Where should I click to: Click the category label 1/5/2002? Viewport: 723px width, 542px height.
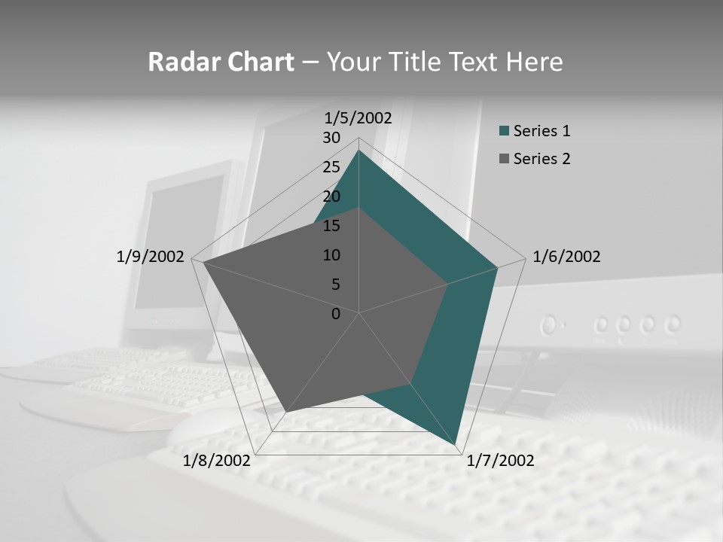tap(358, 118)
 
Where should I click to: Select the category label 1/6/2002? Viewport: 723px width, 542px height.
tap(566, 257)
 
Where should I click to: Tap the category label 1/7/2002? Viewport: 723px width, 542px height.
tap(500, 461)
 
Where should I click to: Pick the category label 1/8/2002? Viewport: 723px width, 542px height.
tap(217, 461)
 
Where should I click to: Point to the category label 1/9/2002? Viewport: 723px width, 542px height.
tap(150, 257)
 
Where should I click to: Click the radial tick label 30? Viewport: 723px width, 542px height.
tap(331, 138)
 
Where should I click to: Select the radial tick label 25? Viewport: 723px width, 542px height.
tap(331, 167)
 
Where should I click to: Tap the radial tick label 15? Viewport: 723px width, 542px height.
tap(331, 226)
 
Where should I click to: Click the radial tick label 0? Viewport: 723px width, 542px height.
tap(336, 314)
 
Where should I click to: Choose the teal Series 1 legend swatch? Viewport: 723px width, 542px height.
tap(505, 131)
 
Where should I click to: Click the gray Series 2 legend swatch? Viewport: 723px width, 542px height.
tap(505, 159)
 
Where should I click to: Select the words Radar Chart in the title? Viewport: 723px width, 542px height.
tap(221, 62)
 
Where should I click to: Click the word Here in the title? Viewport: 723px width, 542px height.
tap(535, 62)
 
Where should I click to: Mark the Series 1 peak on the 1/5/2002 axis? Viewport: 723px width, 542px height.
tap(358, 151)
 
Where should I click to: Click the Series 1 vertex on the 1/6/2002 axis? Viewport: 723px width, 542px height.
tap(497, 267)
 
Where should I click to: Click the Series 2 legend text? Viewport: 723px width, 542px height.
tap(541, 159)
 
